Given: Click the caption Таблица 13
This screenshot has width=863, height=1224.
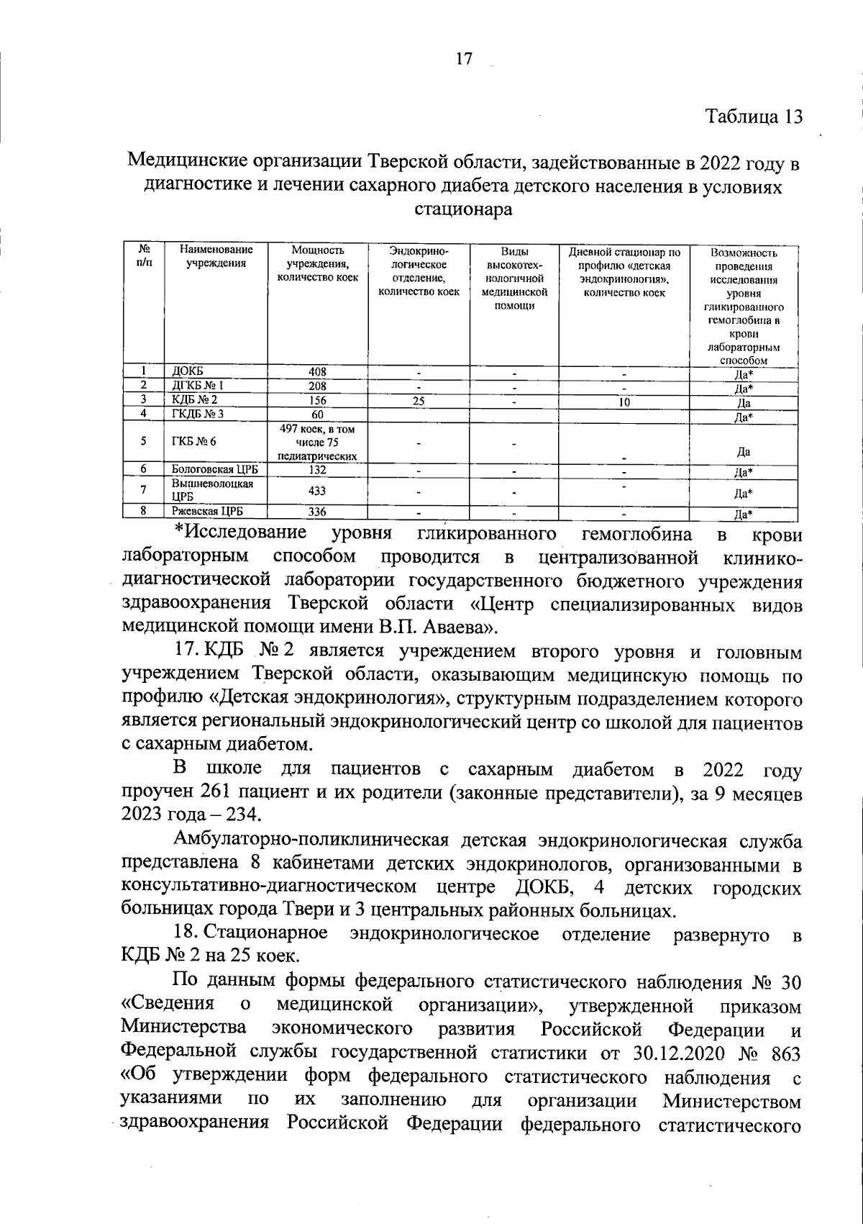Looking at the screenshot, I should click(753, 117).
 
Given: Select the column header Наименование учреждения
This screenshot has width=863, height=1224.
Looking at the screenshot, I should click(216, 257).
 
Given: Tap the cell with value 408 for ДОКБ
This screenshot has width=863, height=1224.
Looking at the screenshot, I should click(317, 372).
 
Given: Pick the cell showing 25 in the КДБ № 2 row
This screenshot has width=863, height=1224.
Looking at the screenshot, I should click(418, 401).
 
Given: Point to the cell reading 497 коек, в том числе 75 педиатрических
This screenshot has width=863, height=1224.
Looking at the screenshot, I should click(317, 442).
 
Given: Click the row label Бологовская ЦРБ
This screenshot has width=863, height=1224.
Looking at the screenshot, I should click(215, 469).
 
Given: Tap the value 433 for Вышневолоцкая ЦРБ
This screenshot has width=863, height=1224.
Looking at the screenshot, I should click(317, 491).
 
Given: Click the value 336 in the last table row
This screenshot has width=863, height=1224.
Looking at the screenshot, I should click(317, 512).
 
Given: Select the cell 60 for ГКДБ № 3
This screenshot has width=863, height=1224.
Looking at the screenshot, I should click(317, 414).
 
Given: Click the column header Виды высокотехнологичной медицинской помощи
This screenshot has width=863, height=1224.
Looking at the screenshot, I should click(514, 278).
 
